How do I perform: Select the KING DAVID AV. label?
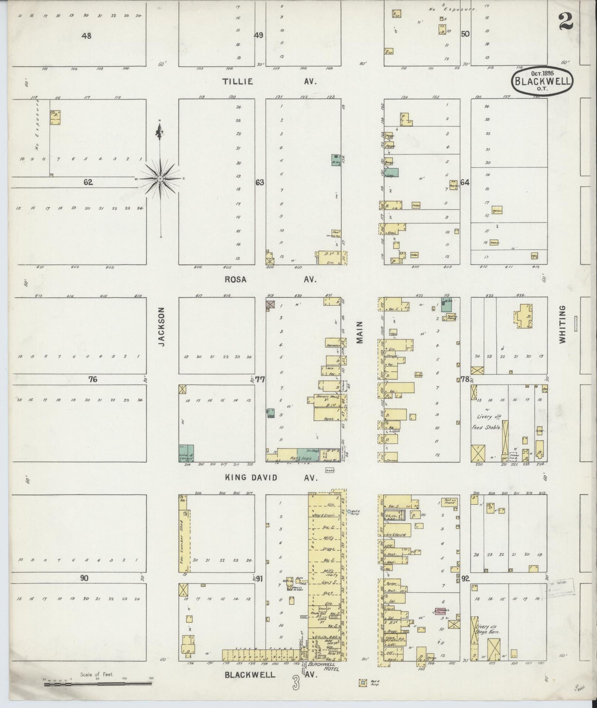271,478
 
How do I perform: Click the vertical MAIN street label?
359,333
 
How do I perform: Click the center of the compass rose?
160,178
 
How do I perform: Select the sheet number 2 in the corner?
565,21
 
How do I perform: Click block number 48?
86,36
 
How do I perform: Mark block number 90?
84,578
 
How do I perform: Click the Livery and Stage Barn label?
489,629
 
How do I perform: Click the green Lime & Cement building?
186,453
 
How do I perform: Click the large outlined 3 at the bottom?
296,683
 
